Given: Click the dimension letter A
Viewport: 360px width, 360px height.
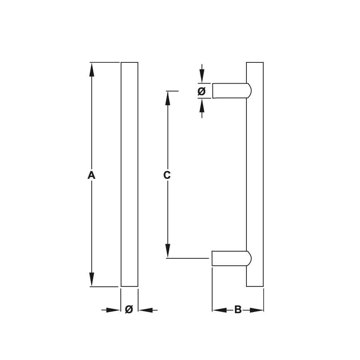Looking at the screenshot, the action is click(x=91, y=175).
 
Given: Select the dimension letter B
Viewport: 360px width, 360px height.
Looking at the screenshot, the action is click(x=238, y=310).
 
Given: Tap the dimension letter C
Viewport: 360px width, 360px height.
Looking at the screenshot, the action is click(x=167, y=175).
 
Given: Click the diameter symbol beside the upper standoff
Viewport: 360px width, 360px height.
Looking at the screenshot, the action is click(x=202, y=91).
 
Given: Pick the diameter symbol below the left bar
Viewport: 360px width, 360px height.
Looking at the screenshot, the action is click(x=129, y=309).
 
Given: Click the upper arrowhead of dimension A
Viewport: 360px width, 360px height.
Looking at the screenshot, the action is click(x=92, y=69).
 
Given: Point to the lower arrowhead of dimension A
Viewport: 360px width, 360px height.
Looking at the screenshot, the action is click(x=92, y=280).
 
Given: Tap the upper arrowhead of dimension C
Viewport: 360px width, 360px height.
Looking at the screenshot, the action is click(x=168, y=98).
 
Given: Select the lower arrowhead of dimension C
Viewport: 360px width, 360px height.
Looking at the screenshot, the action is click(x=168, y=251).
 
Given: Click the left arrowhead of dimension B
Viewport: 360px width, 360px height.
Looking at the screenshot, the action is click(x=220, y=310).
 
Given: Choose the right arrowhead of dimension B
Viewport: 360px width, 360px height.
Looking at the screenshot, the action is click(x=257, y=310).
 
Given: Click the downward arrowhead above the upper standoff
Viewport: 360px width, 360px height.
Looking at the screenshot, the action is click(x=202, y=76).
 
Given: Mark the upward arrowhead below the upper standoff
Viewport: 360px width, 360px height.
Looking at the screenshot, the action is click(x=202, y=105).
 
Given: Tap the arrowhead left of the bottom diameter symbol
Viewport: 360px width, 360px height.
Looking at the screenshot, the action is click(x=114, y=310).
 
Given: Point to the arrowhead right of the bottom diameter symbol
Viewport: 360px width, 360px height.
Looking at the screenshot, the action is click(x=146, y=310).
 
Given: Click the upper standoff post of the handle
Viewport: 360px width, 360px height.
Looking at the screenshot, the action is click(x=232, y=91).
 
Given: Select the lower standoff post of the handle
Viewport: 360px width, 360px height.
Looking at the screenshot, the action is click(x=231, y=258).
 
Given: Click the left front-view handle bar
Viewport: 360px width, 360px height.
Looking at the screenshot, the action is click(x=130, y=174).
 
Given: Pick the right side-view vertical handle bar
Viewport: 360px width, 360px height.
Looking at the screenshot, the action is click(x=255, y=174).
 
